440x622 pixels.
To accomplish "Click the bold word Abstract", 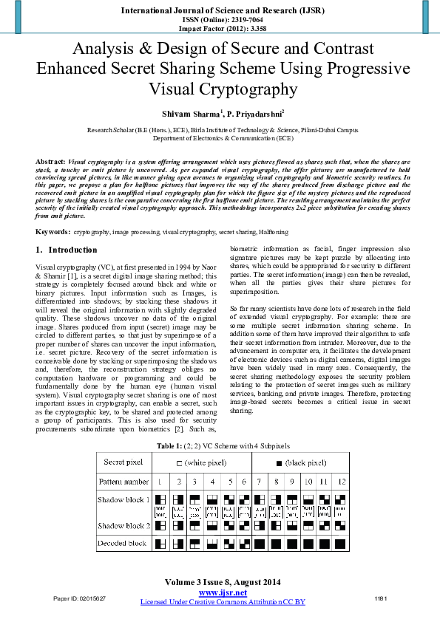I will tap(50, 160).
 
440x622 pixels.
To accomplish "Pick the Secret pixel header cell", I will tap(123, 462).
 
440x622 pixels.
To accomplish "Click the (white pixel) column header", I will tap(201, 462).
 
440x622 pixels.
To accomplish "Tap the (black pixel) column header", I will tap(301, 462).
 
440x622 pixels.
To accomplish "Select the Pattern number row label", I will tap(123, 481).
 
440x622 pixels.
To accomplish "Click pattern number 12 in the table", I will tap(340, 481).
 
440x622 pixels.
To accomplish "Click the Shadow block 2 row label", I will tap(123, 525).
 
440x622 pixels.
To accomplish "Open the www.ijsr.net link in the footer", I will tap(223, 592).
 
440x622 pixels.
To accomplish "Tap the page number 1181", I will tap(381, 597).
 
